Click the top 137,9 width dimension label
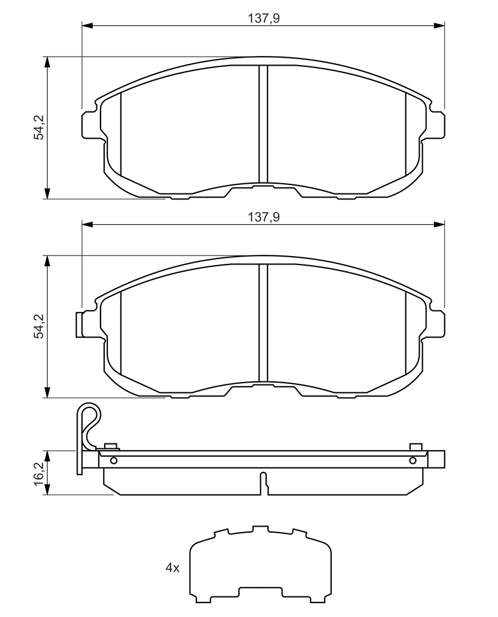264,18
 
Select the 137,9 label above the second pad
264,217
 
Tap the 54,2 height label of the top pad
39,128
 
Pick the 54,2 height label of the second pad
39,326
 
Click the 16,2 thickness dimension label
39,474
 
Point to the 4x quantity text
172,568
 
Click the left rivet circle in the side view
114,460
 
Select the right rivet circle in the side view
412,460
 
